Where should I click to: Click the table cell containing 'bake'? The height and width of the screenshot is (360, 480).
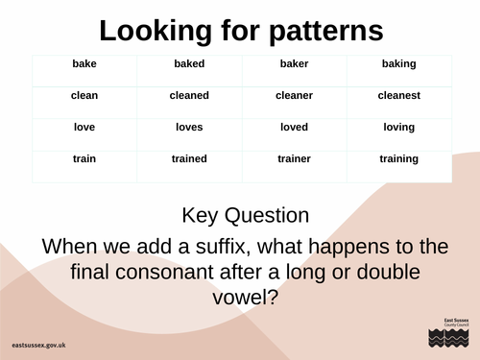click(84, 64)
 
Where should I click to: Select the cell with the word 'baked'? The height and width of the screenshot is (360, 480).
click(189, 64)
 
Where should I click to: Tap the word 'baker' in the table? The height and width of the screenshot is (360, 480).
click(294, 64)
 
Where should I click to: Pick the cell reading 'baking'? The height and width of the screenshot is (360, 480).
click(398, 64)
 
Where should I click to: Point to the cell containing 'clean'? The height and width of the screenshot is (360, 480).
click(84, 96)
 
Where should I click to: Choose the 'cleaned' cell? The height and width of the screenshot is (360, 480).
click(189, 96)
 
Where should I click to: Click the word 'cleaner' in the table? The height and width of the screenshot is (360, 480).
click(294, 96)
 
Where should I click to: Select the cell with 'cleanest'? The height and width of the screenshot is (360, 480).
click(398, 96)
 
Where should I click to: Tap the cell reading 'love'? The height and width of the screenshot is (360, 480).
click(84, 128)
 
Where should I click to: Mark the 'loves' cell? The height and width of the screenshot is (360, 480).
click(189, 128)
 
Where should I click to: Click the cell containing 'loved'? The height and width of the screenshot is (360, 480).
click(294, 128)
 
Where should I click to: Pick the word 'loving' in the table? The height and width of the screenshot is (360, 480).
click(398, 128)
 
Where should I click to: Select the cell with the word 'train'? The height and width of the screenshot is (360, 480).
click(84, 159)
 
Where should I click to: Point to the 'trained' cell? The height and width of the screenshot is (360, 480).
click(189, 159)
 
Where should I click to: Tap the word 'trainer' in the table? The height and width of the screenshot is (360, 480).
click(294, 159)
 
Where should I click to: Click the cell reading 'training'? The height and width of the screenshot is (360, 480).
click(398, 159)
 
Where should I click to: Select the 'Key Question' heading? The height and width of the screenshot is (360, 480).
click(245, 215)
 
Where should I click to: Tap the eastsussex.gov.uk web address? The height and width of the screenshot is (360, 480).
click(46, 343)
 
